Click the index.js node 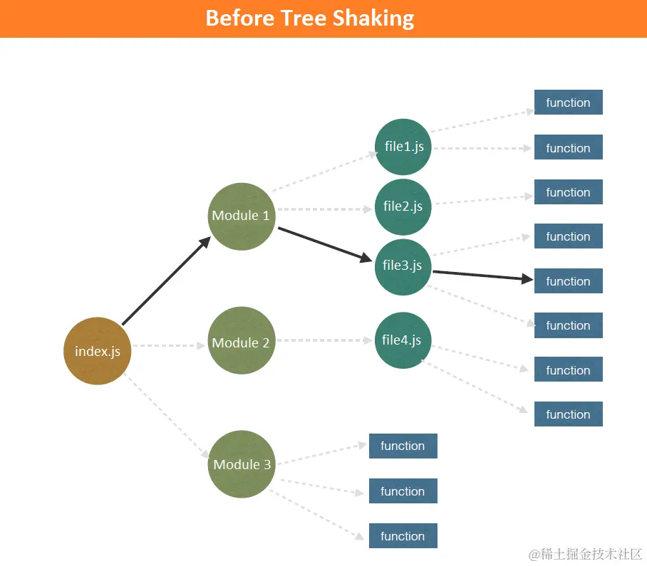98,350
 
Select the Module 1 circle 242,216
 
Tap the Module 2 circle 242,342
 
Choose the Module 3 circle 242,464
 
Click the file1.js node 403,147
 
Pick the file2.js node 403,206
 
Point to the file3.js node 403,266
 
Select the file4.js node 403,340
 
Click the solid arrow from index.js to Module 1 165,281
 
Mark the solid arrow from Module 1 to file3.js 324,244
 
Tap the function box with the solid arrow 568,281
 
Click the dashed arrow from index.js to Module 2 169,346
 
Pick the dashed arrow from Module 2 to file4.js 325,340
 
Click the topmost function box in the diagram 568,103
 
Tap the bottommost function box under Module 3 403,536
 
